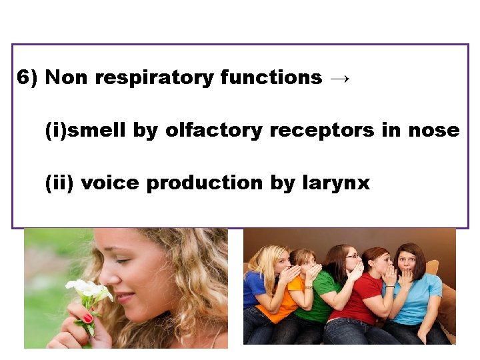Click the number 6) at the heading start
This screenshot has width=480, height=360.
click(x=27, y=78)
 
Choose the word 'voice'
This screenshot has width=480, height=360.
click(x=109, y=183)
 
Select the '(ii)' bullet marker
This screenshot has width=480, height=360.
click(x=59, y=183)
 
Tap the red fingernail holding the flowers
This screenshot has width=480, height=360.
click(x=88, y=319)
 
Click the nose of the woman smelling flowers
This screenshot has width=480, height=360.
click(x=111, y=279)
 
